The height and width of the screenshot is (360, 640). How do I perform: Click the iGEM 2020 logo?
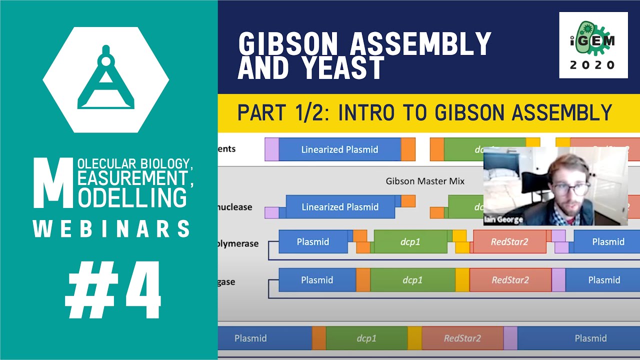593,45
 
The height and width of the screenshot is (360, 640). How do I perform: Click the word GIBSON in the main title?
289,44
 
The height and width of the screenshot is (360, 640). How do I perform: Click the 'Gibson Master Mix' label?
425,181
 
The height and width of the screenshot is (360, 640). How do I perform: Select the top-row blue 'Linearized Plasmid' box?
339,149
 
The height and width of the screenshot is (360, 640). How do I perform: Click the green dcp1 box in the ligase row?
412,280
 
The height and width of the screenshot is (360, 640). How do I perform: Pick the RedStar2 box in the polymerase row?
509,242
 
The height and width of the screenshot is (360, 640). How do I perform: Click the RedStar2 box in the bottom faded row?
462,338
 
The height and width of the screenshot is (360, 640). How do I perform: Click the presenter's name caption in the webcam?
502,219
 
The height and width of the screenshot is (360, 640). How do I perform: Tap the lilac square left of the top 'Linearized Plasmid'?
271,149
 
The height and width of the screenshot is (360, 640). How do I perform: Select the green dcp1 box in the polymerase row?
410,242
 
